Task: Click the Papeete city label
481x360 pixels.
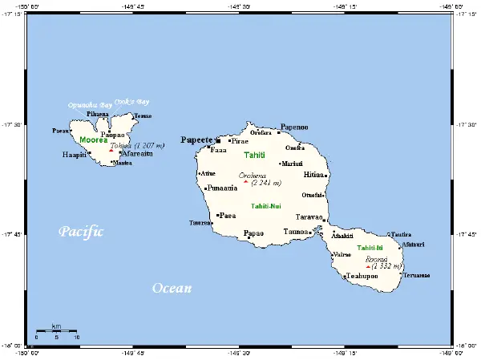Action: [x=196, y=139]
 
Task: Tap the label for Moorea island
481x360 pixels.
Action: [x=93, y=140]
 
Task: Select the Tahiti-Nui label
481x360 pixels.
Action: [x=265, y=206]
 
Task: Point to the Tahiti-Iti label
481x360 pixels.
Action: [x=370, y=248]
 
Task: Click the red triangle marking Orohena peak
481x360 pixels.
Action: [x=245, y=181]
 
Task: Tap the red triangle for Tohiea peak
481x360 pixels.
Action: [x=111, y=149]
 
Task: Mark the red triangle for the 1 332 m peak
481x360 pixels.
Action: [x=368, y=267]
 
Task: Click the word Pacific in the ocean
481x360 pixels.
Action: [x=81, y=232]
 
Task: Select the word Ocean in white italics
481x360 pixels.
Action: [x=172, y=288]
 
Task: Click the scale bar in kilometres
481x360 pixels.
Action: [x=56, y=330]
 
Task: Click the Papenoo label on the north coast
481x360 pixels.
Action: [x=293, y=127]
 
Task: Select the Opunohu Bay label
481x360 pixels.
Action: [x=89, y=106]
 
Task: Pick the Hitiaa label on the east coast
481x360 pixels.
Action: [x=313, y=174]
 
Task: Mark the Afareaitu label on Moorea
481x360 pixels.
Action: [x=138, y=153]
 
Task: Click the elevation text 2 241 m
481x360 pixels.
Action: [x=265, y=183]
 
